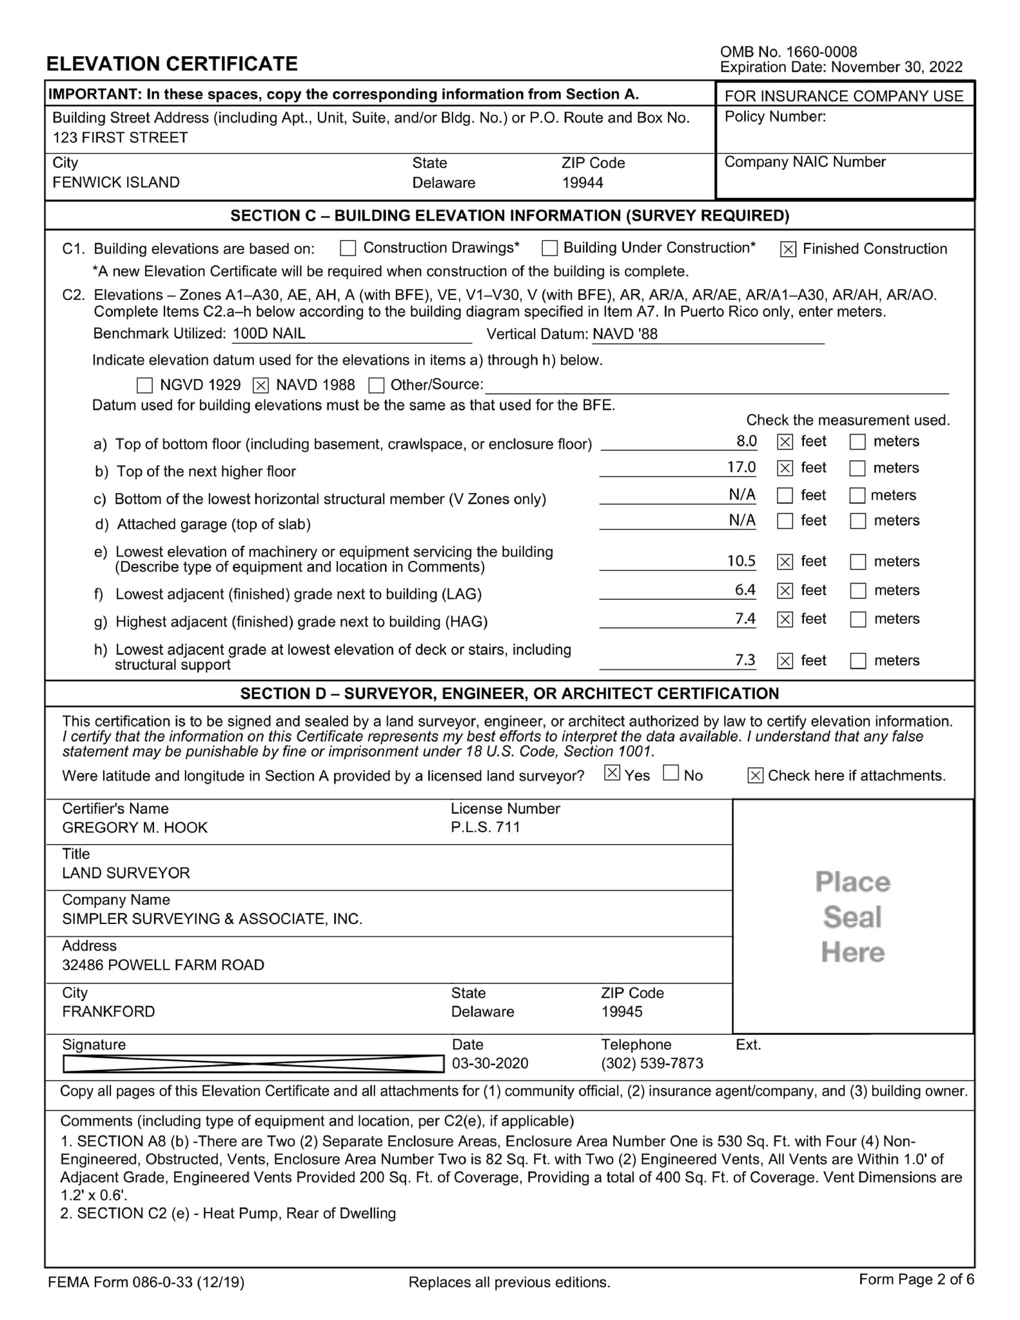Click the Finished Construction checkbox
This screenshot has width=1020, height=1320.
pos(788,249)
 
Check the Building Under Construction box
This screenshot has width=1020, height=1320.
pos(549,248)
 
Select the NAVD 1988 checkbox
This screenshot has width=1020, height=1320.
pos(260,386)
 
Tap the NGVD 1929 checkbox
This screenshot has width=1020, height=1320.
pos(145,386)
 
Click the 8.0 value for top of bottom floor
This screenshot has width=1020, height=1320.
pos(746,441)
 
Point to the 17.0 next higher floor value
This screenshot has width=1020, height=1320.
pos(741,467)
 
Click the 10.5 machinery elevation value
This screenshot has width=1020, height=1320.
pos(741,561)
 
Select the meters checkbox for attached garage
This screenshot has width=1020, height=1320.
pos(858,521)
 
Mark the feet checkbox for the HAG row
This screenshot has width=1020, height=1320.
pos(785,620)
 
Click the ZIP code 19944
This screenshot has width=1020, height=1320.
pos(582,182)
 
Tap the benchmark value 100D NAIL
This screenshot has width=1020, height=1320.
pos(269,333)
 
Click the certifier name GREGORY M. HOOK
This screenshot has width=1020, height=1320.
pos(135,827)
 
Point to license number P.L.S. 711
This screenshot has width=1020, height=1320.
pos(485,827)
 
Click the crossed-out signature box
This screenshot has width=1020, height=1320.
pos(253,1063)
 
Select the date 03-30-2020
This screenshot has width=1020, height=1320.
pos(490,1063)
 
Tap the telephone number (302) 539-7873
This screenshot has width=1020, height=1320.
pos(652,1063)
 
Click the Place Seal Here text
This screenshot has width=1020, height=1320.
pos(852,917)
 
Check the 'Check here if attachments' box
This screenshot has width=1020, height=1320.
pos(755,776)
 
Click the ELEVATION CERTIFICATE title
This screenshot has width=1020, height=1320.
pos(172,64)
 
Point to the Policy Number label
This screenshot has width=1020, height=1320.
pos(775,117)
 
